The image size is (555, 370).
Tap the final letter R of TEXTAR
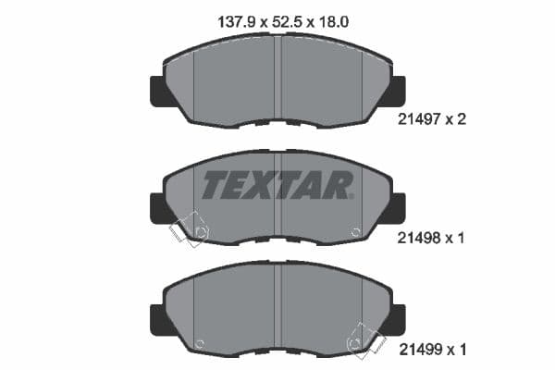338,185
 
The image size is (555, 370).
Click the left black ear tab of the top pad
157,90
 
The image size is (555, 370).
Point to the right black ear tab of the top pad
398,90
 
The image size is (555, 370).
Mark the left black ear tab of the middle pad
157,206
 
